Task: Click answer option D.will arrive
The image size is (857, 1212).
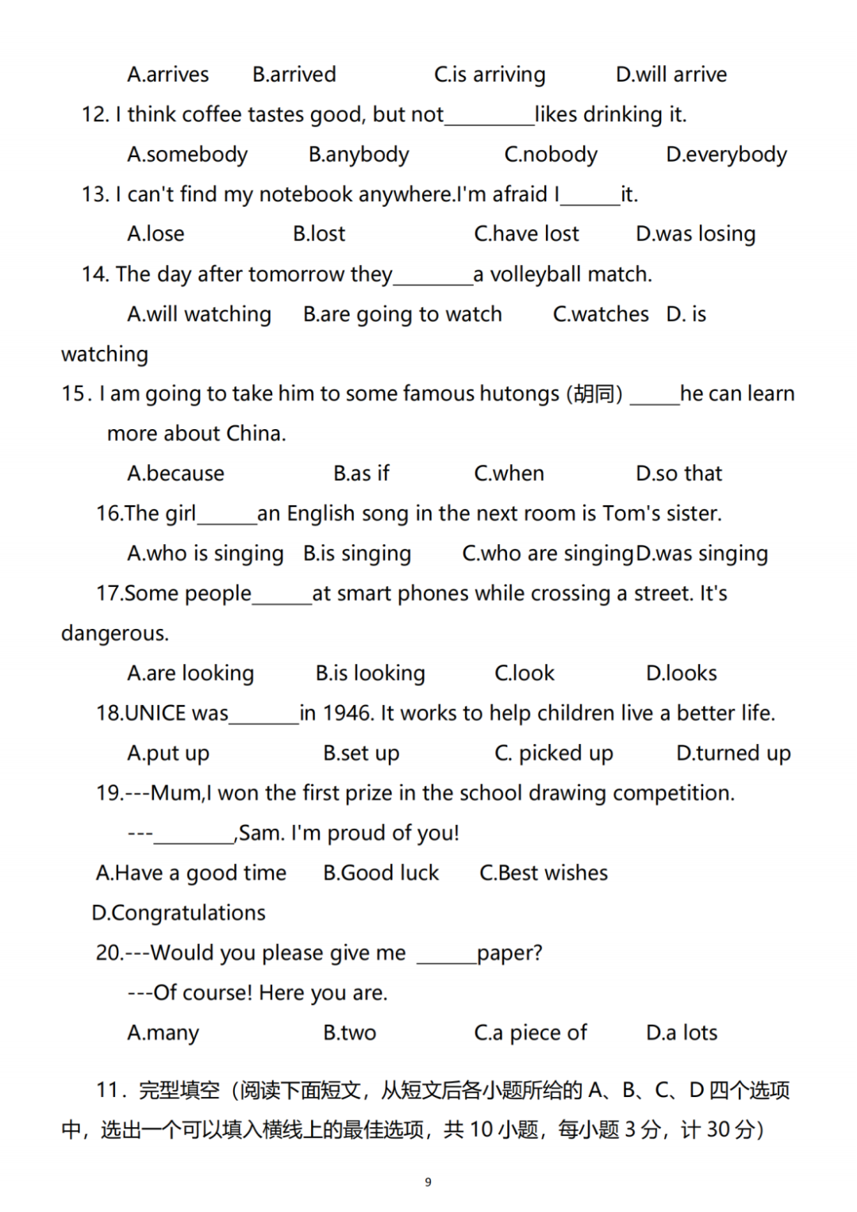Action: pos(671,75)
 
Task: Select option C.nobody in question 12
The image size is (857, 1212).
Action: pos(551,155)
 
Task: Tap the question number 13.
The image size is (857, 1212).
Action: pos(95,194)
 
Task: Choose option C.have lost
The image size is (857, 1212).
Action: pos(526,234)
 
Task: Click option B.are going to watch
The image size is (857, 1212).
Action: pos(402,315)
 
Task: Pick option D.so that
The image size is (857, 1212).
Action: pos(678,474)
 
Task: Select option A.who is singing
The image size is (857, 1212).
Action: pos(205,554)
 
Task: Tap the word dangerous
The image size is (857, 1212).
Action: pos(115,634)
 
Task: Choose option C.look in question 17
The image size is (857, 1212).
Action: pos(525,673)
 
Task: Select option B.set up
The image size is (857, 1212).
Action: pos(361,754)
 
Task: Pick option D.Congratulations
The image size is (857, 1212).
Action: pos(179,913)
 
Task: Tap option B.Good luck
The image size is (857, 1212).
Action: pos(381,873)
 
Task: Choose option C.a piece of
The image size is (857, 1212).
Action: pos(530,1033)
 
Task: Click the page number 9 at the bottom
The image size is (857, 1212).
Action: pos(428,1182)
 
